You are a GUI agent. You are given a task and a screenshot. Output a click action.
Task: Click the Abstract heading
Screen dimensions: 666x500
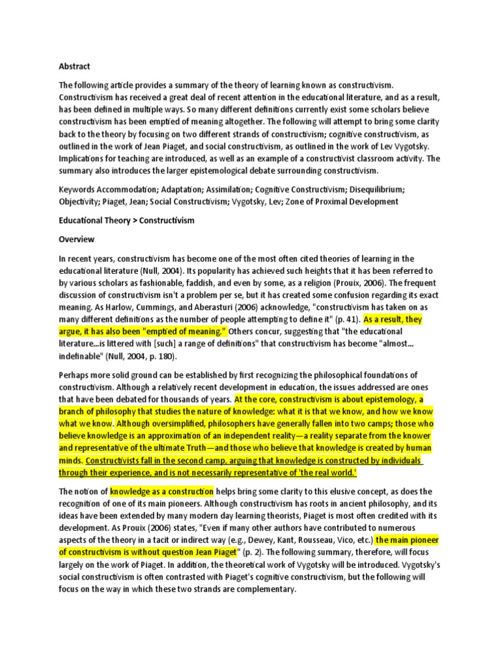click(x=74, y=66)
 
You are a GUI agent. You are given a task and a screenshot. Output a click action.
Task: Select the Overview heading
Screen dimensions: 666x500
click(x=77, y=239)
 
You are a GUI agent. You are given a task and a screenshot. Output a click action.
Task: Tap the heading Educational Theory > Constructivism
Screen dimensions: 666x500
click(x=126, y=220)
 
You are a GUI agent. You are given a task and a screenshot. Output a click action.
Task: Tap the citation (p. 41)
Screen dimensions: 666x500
click(x=346, y=320)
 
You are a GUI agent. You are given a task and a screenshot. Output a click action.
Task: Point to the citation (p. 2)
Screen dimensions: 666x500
click(x=250, y=553)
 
